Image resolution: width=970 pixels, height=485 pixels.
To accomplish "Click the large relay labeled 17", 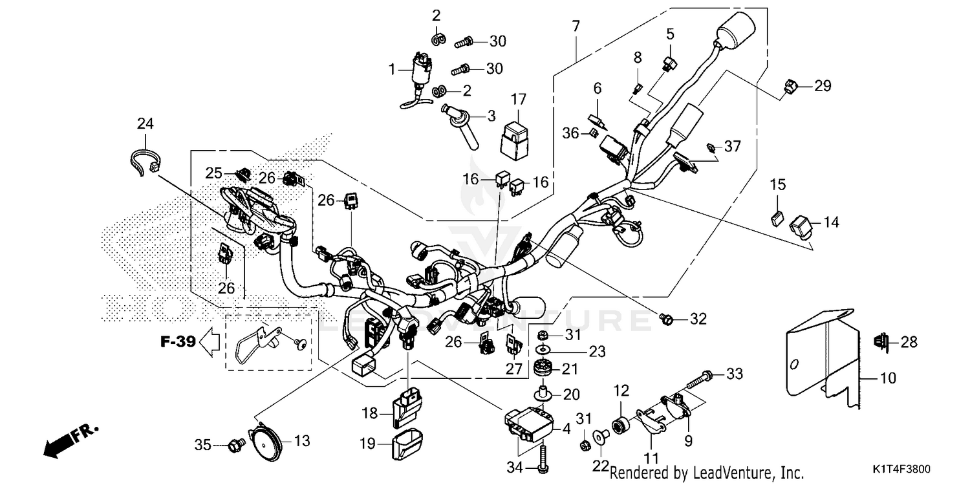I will point(515,137).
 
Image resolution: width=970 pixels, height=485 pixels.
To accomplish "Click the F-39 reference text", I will point(178,341).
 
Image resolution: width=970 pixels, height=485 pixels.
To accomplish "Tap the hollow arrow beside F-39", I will point(208,341).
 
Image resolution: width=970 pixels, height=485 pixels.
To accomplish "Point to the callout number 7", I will point(576,27).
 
